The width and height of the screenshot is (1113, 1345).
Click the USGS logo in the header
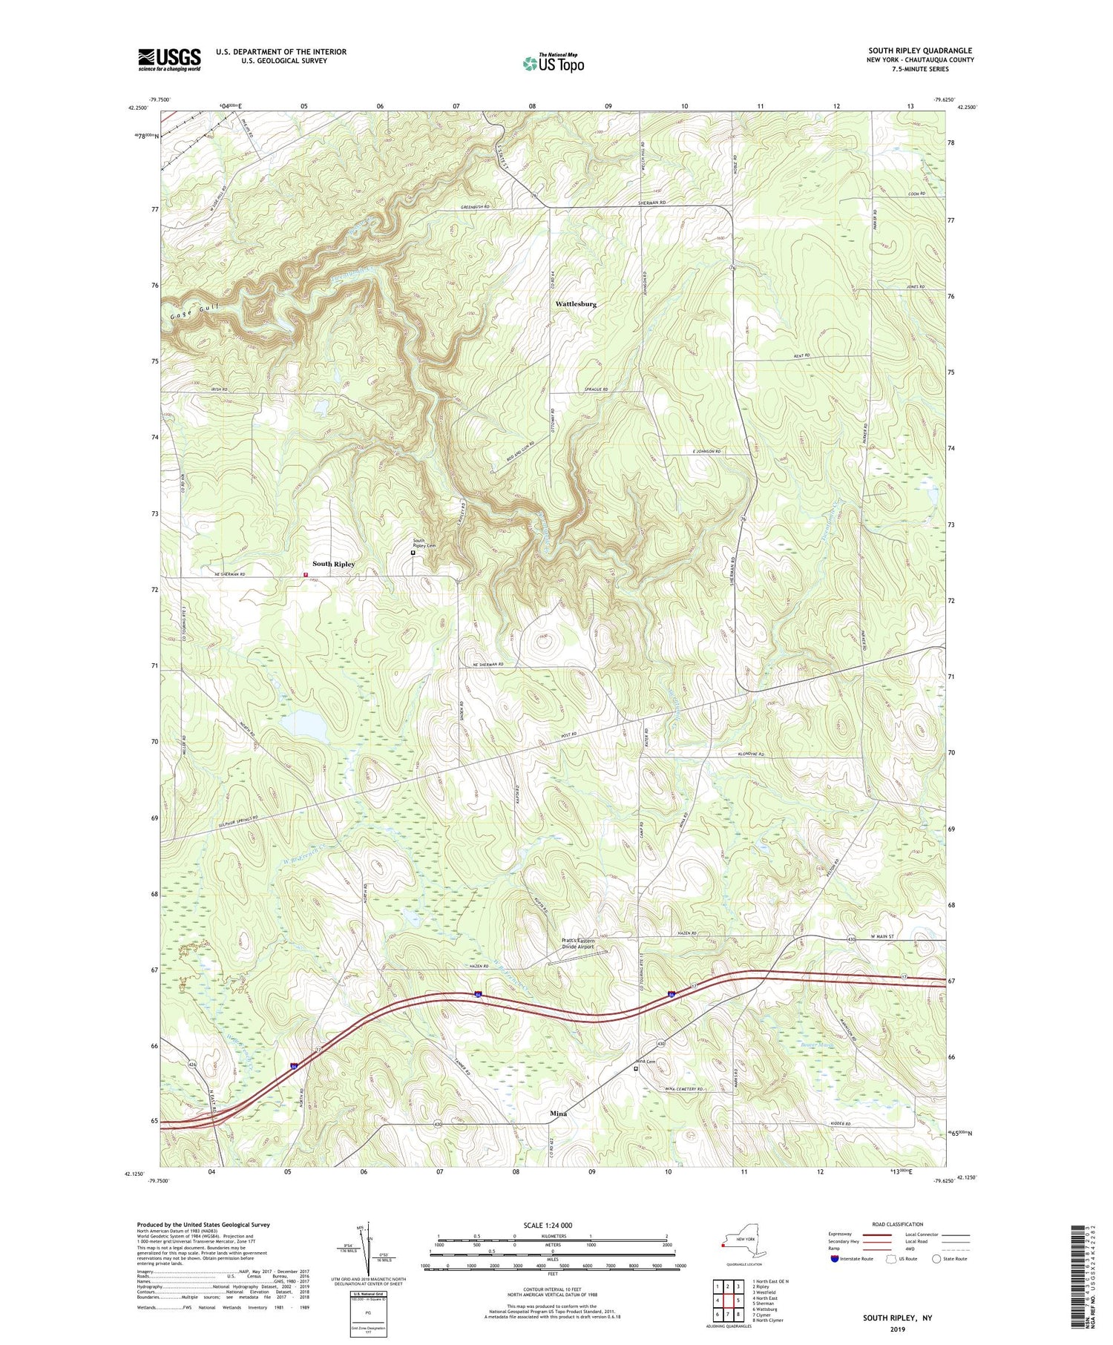[169, 59]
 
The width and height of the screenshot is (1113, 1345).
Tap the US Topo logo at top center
[553, 62]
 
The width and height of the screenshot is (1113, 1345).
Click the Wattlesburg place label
[576, 304]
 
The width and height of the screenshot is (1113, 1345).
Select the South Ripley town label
[333, 564]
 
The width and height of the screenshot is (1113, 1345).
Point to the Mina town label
[558, 1114]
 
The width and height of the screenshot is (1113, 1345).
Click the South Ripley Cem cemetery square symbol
[413, 553]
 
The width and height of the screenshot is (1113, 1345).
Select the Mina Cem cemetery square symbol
[636, 1069]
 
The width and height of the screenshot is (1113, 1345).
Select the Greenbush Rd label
[476, 207]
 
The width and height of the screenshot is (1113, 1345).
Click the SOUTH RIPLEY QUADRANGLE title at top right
[920, 50]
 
